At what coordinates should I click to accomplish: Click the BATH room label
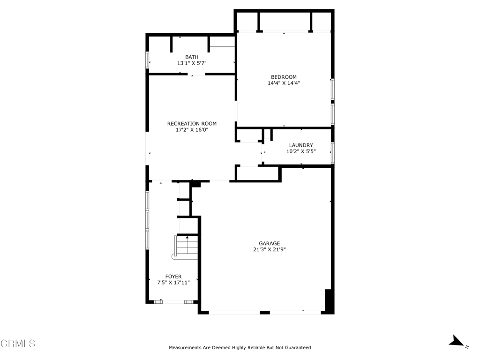point(191,57)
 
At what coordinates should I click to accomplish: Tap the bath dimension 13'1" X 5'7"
point(191,63)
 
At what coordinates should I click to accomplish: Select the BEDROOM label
point(284,77)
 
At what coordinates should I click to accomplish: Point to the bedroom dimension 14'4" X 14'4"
point(284,83)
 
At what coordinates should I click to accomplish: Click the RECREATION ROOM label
point(192,124)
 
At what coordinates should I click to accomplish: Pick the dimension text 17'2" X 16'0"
point(192,130)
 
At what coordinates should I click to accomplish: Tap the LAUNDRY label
point(300,145)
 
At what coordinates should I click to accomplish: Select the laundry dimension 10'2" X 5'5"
point(300,151)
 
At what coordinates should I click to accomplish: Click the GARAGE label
point(269,243)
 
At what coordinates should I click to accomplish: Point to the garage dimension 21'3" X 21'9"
point(269,249)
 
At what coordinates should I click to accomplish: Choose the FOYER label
point(173,277)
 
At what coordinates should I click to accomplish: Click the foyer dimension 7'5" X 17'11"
point(173,283)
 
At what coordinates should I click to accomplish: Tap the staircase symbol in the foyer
point(186,247)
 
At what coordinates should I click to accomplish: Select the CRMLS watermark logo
point(18,344)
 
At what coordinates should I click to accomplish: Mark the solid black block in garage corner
point(329,301)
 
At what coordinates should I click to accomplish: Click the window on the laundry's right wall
point(332,153)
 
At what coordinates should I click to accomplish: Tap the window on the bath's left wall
point(147,60)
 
